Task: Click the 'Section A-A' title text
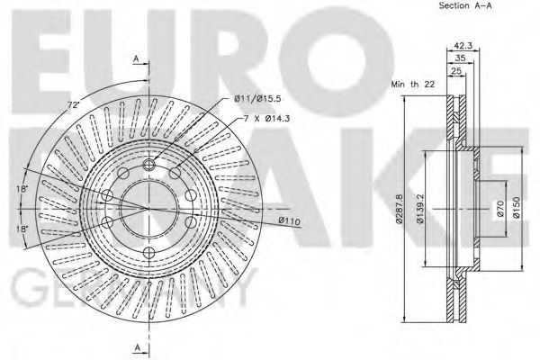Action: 465,6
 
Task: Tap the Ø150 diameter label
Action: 517,206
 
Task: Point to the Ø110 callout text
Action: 289,220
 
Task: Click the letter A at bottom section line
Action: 136,347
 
